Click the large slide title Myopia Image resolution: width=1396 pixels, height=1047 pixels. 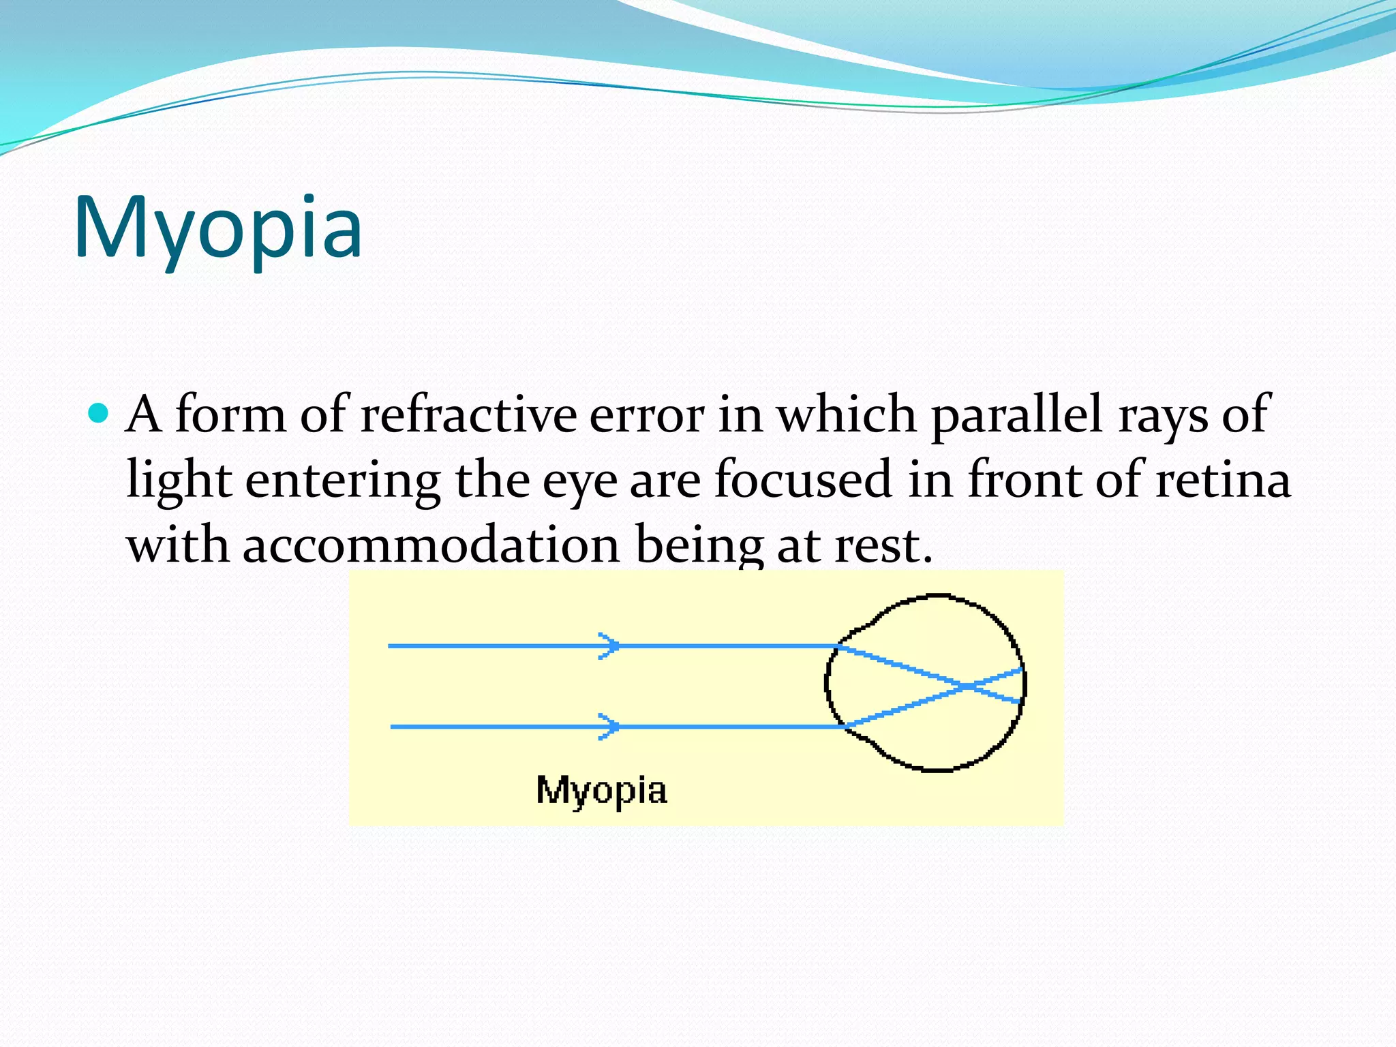[218, 228]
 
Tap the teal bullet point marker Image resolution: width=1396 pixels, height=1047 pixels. [99, 413]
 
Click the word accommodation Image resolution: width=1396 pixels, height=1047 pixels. [431, 545]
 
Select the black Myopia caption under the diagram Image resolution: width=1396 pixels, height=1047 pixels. [601, 791]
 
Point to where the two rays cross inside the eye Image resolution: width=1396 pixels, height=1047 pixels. [966, 686]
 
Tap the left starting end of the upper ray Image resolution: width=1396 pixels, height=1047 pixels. [391, 646]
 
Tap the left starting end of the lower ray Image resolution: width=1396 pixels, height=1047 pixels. [393, 727]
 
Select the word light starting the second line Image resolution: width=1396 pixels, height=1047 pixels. [179, 480]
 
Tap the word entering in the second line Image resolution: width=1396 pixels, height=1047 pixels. [343, 480]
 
